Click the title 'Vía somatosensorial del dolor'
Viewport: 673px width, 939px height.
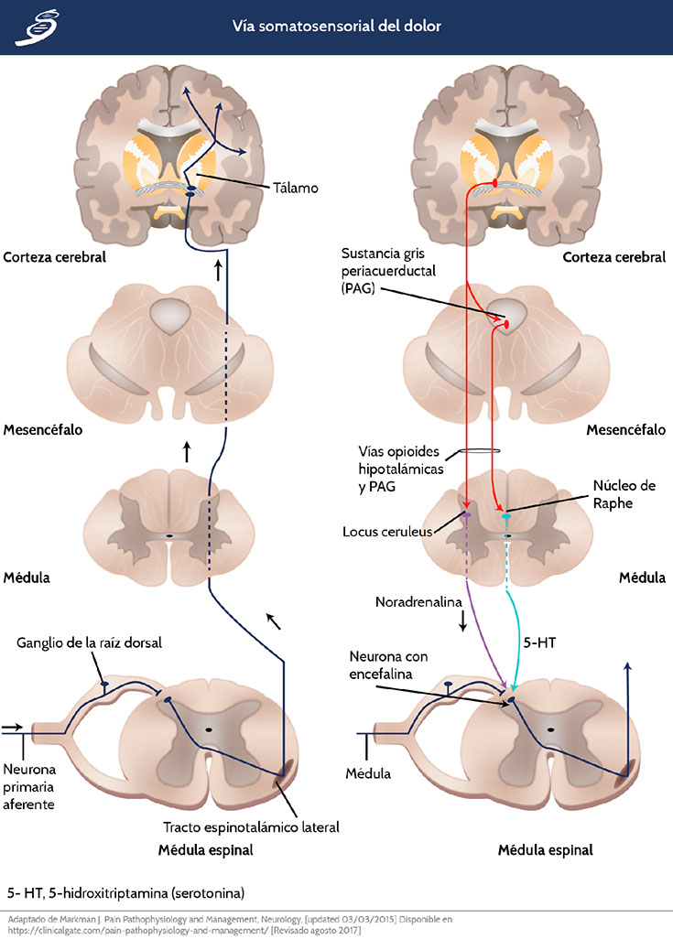coord(336,26)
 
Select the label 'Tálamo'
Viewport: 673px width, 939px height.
coord(294,188)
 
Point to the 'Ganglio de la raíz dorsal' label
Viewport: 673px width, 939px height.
coord(89,642)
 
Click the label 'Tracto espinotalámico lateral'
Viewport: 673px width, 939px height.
coord(251,827)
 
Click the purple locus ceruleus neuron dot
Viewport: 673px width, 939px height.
coord(466,516)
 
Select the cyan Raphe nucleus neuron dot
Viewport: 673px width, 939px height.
coord(506,518)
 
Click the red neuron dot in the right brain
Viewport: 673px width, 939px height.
coord(495,184)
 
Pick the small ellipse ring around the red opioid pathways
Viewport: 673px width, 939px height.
coord(478,450)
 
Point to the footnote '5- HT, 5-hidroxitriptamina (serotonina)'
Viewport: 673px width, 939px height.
coord(125,890)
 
